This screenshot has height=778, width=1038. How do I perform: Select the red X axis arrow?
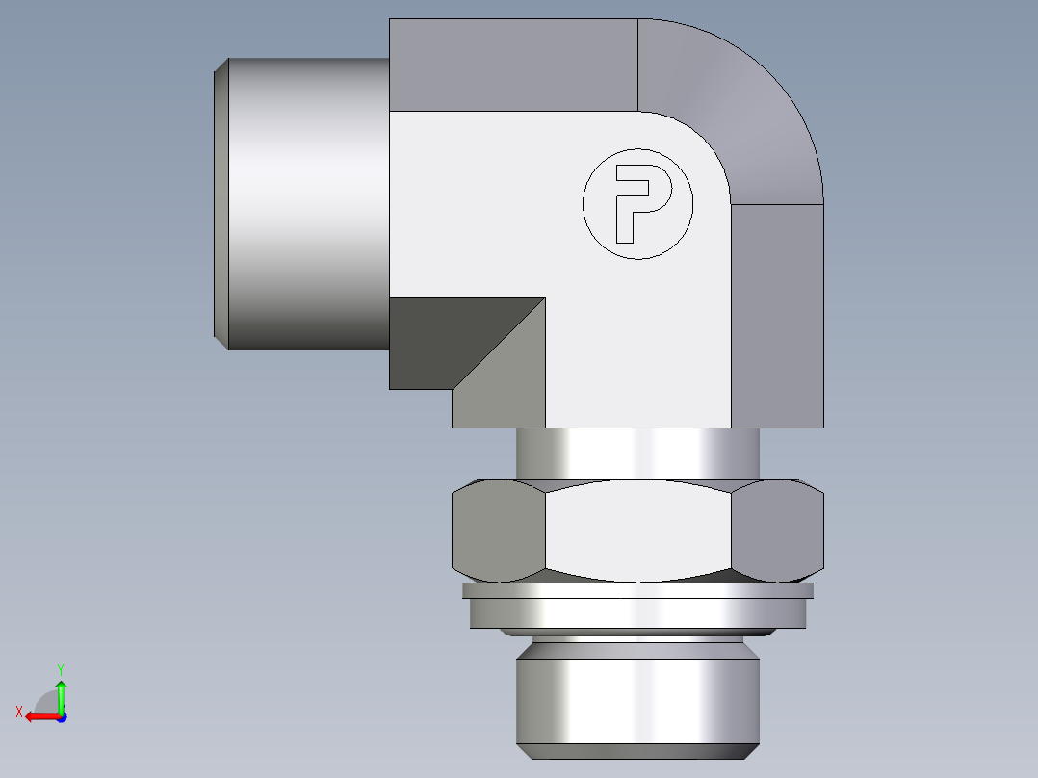39,716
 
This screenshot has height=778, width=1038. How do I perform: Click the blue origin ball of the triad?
61,716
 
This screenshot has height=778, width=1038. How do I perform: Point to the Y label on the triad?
60,668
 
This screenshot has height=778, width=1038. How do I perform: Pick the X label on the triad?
18,712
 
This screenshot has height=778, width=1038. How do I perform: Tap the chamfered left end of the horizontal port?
221,202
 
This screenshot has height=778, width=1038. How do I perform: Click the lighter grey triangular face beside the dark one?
510,385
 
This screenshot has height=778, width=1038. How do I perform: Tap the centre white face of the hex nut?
637,532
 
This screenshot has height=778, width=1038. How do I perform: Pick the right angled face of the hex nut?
776,532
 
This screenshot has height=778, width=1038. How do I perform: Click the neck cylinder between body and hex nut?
637,453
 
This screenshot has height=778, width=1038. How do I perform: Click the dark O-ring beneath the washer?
637,633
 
